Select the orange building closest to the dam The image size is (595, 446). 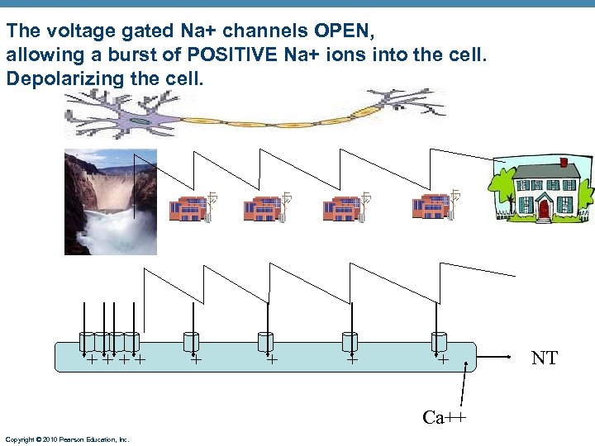click(x=188, y=208)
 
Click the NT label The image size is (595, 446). click(x=544, y=358)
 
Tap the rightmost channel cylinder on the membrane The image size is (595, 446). click(x=438, y=341)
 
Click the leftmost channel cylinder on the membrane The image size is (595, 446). click(x=86, y=341)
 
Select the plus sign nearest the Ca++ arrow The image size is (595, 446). click(x=443, y=360)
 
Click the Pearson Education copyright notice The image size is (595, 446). click(x=66, y=439)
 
